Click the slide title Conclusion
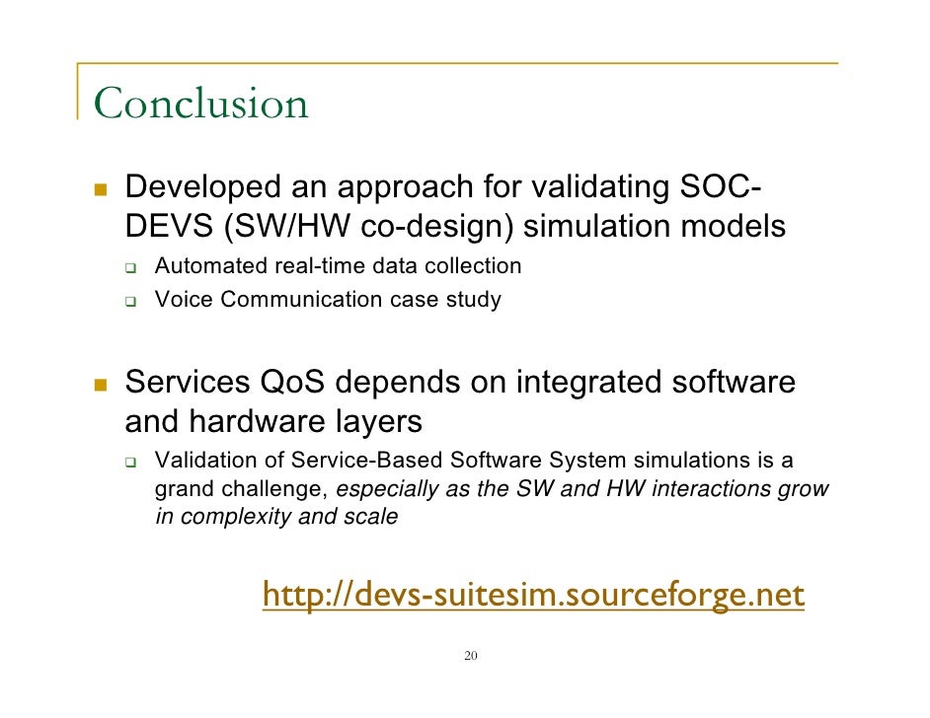click(x=200, y=104)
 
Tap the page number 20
click(x=470, y=656)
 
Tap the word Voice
click(x=184, y=299)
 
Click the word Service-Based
click(x=381, y=461)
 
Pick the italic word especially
click(x=385, y=489)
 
